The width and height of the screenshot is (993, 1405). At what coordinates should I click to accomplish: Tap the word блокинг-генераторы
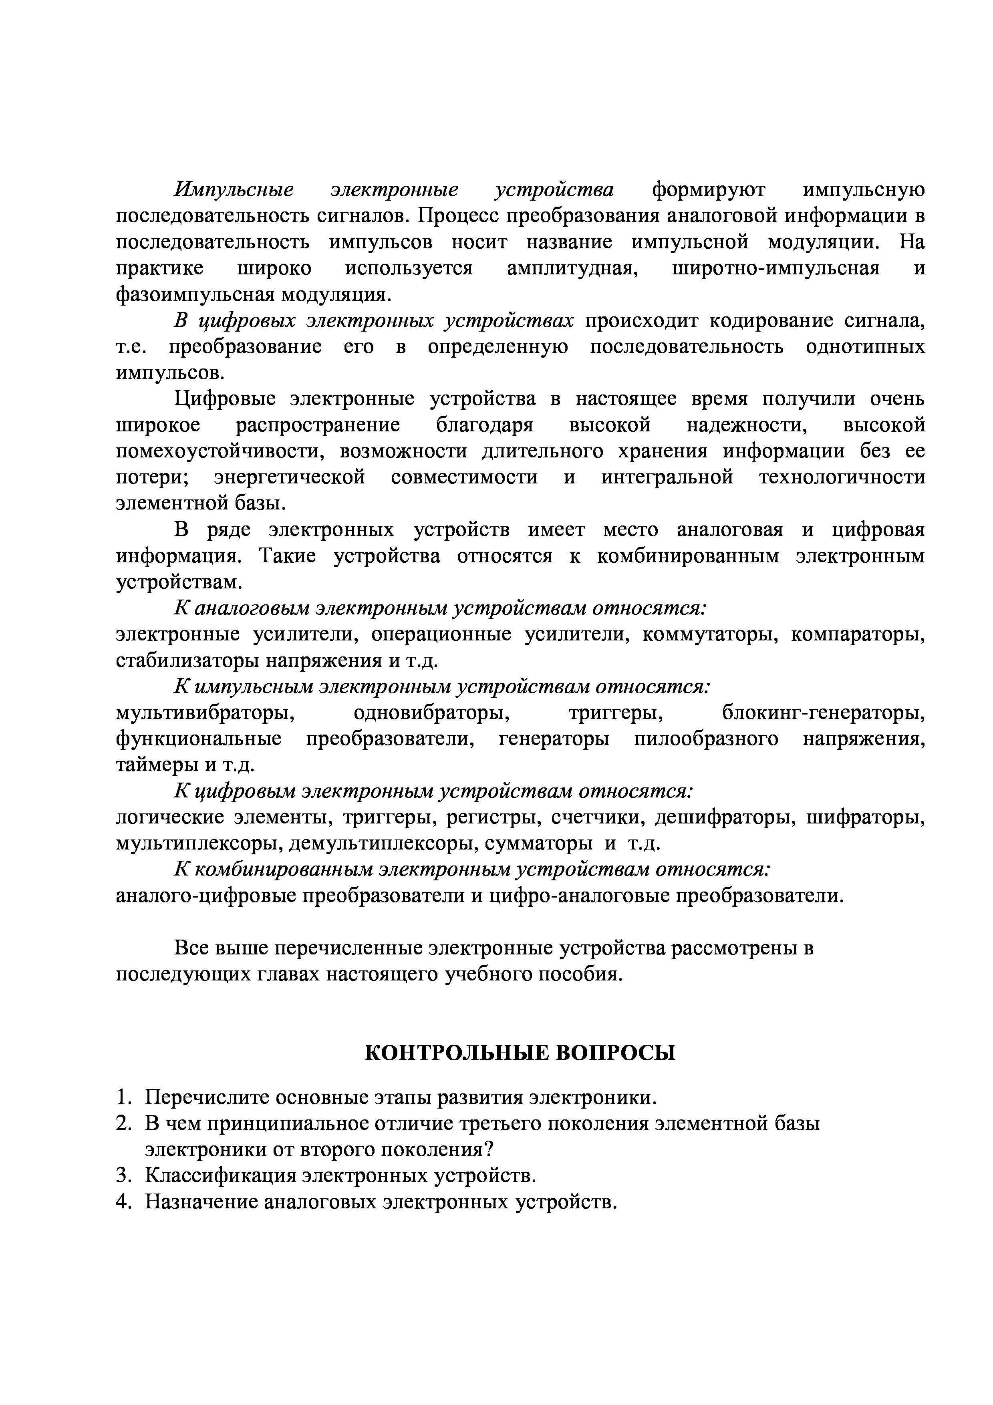coord(824,713)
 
